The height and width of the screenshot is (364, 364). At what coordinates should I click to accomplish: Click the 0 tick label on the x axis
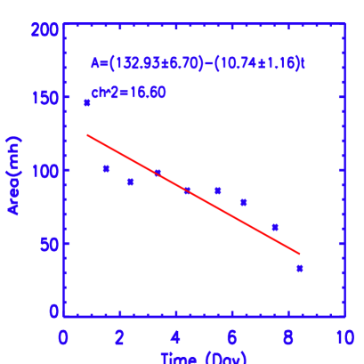click(x=63, y=338)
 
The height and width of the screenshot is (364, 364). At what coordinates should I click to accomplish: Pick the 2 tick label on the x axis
click(x=119, y=338)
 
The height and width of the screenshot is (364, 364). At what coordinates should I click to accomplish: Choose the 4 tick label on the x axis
click(x=175, y=338)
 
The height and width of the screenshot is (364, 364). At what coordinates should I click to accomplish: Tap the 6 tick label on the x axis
click(x=231, y=338)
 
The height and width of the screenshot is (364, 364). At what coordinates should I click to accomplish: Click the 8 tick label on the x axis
click(x=287, y=338)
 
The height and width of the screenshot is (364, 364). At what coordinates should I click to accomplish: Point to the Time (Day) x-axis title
click(x=204, y=358)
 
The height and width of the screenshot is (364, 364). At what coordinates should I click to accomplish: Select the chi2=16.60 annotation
click(x=128, y=93)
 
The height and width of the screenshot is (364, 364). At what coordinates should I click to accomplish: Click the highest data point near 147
click(x=87, y=103)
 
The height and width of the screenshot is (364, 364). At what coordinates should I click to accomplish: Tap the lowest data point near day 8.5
click(x=300, y=268)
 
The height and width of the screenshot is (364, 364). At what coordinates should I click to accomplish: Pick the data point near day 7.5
click(x=275, y=228)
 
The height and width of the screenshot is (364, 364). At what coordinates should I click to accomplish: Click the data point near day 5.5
click(x=217, y=190)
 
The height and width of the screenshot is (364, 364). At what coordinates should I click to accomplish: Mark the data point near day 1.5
click(x=106, y=168)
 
